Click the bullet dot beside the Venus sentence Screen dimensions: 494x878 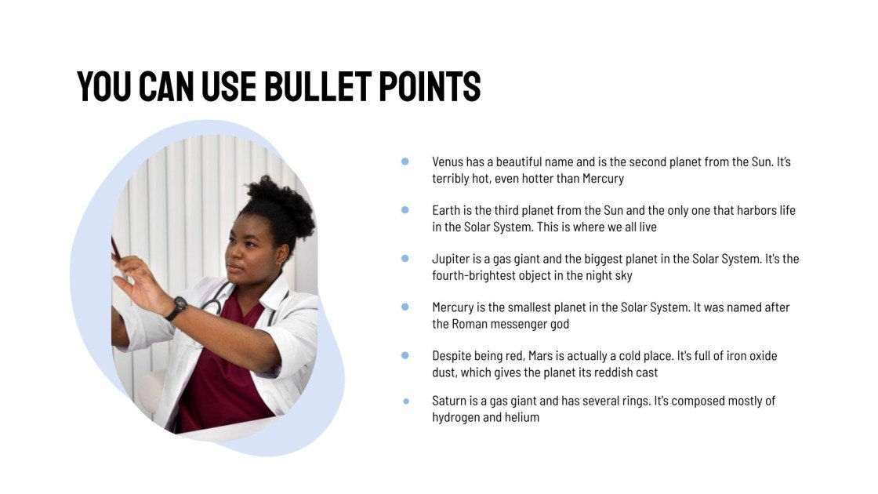(x=405, y=162)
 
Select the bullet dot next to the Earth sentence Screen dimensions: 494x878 (x=405, y=210)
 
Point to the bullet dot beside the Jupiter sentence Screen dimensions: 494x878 (x=405, y=258)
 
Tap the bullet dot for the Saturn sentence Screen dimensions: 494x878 (x=406, y=401)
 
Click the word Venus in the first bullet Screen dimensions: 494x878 (x=448, y=162)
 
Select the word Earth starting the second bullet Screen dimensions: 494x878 (x=446, y=210)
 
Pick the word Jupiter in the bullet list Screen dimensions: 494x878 (x=452, y=259)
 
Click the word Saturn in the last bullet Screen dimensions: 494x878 (x=450, y=401)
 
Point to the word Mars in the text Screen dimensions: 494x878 (x=537, y=355)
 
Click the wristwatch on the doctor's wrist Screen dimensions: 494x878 (x=176, y=307)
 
